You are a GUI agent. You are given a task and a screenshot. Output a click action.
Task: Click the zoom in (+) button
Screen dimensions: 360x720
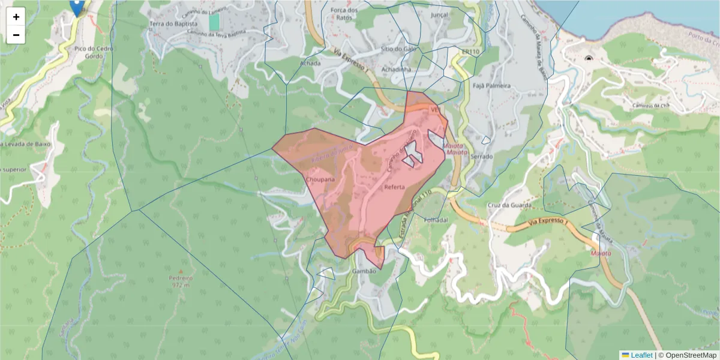(x=16, y=17)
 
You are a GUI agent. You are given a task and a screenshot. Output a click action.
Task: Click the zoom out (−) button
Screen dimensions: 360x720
(x=16, y=35)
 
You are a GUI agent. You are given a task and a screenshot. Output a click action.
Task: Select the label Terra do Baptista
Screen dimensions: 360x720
(x=173, y=24)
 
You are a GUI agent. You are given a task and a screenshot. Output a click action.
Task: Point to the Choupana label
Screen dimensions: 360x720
(x=320, y=179)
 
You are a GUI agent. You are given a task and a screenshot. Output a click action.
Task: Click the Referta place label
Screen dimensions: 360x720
(x=394, y=187)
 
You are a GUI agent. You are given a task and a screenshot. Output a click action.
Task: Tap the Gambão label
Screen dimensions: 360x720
(x=364, y=271)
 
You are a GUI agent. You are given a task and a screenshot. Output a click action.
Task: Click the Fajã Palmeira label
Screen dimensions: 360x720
(x=491, y=86)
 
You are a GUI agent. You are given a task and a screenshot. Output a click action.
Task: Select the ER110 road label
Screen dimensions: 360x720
(x=470, y=52)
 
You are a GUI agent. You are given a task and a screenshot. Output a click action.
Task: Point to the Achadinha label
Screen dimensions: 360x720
(x=396, y=70)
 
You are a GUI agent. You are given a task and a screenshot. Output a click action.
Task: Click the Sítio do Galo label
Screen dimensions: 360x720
(x=398, y=49)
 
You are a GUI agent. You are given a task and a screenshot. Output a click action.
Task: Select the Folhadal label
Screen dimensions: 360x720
(x=436, y=220)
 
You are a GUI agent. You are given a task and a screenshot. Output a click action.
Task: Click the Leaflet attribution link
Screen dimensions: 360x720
(x=641, y=355)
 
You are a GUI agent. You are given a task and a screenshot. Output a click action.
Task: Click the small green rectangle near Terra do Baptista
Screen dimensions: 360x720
(x=214, y=22)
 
